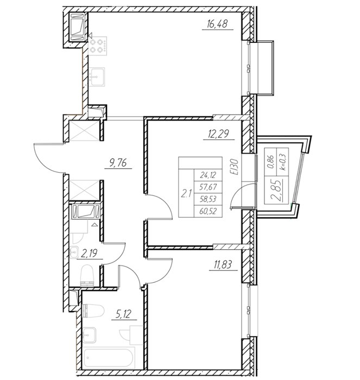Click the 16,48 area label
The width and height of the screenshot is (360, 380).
[x=217, y=24]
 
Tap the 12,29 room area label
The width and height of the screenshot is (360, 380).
[x=219, y=134]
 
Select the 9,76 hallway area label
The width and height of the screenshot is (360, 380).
[x=118, y=163]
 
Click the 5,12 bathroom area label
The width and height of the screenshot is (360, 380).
[x=124, y=314]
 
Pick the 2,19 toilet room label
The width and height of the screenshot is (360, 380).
[x=89, y=254]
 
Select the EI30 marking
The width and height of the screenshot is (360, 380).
[x=235, y=167]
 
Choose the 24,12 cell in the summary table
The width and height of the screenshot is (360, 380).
[x=208, y=175]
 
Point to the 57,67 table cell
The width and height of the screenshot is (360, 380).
[x=208, y=187]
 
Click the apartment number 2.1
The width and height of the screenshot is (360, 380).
[x=186, y=193]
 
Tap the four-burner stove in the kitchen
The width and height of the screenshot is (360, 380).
[x=98, y=46]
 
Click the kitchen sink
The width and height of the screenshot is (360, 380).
[x=97, y=77]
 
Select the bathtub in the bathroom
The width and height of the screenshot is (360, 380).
[x=109, y=358]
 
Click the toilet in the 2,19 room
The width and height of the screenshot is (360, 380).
[x=87, y=276]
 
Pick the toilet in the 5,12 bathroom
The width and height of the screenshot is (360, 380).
[x=93, y=311]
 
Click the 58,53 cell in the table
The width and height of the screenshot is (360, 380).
[x=208, y=199]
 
